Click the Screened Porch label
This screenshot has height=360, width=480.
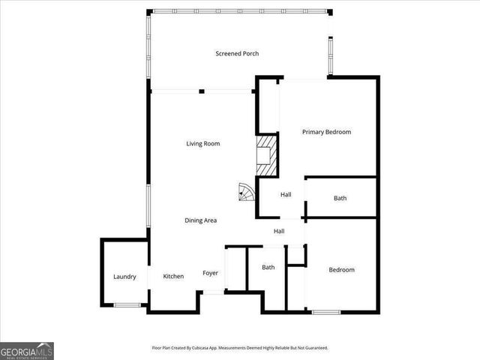tap(237, 53)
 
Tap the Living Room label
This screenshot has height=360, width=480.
tap(202, 143)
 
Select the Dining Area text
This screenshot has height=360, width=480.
tap(201, 220)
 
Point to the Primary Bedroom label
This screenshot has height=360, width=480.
tap(326, 132)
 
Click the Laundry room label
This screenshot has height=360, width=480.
tap(124, 277)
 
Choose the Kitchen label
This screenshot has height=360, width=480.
tap(173, 277)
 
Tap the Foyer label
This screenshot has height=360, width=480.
tap(211, 273)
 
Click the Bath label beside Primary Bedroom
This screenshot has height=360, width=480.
tap(340, 198)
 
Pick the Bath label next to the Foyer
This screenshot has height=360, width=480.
tap(268, 268)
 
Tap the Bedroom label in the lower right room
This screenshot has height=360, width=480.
tap(341, 270)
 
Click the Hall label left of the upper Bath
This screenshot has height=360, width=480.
tap(286, 195)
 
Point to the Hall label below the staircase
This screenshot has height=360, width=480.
tap(279, 231)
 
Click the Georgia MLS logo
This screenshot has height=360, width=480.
tap(27, 351)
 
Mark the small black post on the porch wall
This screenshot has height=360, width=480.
tap(201, 91)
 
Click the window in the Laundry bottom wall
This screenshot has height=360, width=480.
tap(127, 304)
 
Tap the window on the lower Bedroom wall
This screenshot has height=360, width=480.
tap(326, 311)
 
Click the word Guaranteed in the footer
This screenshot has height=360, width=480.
tap(314, 348)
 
